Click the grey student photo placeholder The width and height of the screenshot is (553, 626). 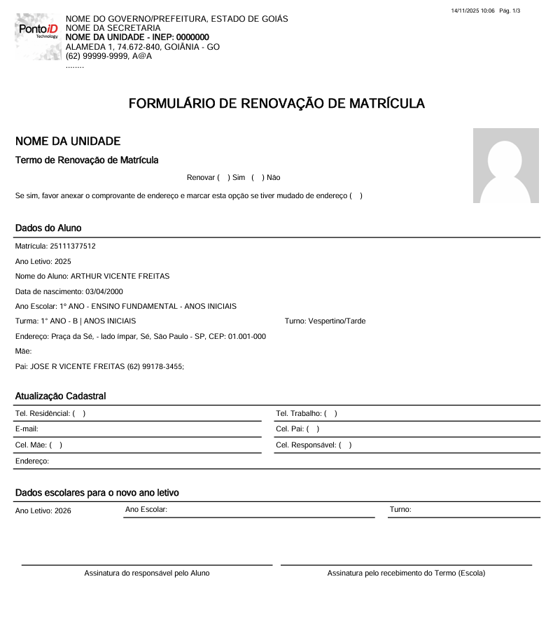tap(505, 166)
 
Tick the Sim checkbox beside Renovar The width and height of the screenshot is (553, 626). tap(223, 178)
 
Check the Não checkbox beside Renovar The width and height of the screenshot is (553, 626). tap(258, 178)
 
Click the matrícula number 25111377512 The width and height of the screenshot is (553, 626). tap(73, 246)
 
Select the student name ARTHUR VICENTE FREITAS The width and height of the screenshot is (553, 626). tap(120, 277)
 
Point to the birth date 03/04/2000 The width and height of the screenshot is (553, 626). tap(104, 291)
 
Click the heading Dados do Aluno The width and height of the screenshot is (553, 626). tap(48, 228)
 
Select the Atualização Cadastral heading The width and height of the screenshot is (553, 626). tap(61, 396)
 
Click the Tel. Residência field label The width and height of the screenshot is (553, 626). tap(43, 414)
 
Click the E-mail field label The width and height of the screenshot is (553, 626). tap(27, 429)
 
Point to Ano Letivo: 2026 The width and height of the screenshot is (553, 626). tap(43, 511)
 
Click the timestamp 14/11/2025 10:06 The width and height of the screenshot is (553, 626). tap(473, 11)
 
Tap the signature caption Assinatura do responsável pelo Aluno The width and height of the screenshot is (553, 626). tap(147, 573)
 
